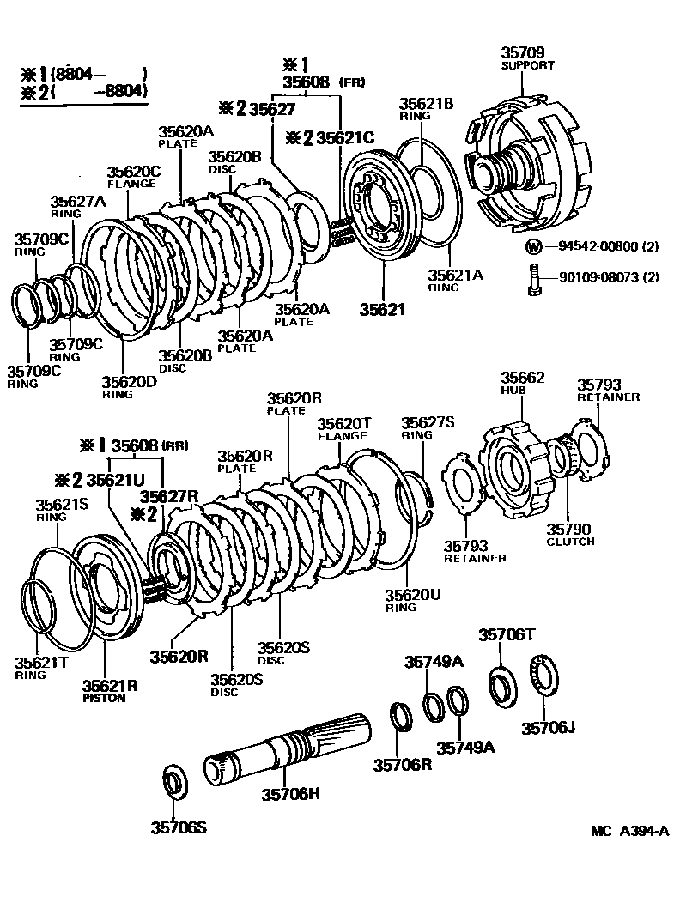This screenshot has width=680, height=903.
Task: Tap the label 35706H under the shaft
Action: (x=292, y=793)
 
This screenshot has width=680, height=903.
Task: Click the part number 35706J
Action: (x=549, y=729)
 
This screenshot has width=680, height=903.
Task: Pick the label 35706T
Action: (x=507, y=634)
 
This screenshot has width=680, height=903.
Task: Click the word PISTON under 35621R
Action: (x=104, y=698)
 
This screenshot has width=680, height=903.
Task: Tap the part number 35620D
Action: (x=129, y=381)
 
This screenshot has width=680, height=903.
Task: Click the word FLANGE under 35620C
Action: (x=131, y=183)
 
